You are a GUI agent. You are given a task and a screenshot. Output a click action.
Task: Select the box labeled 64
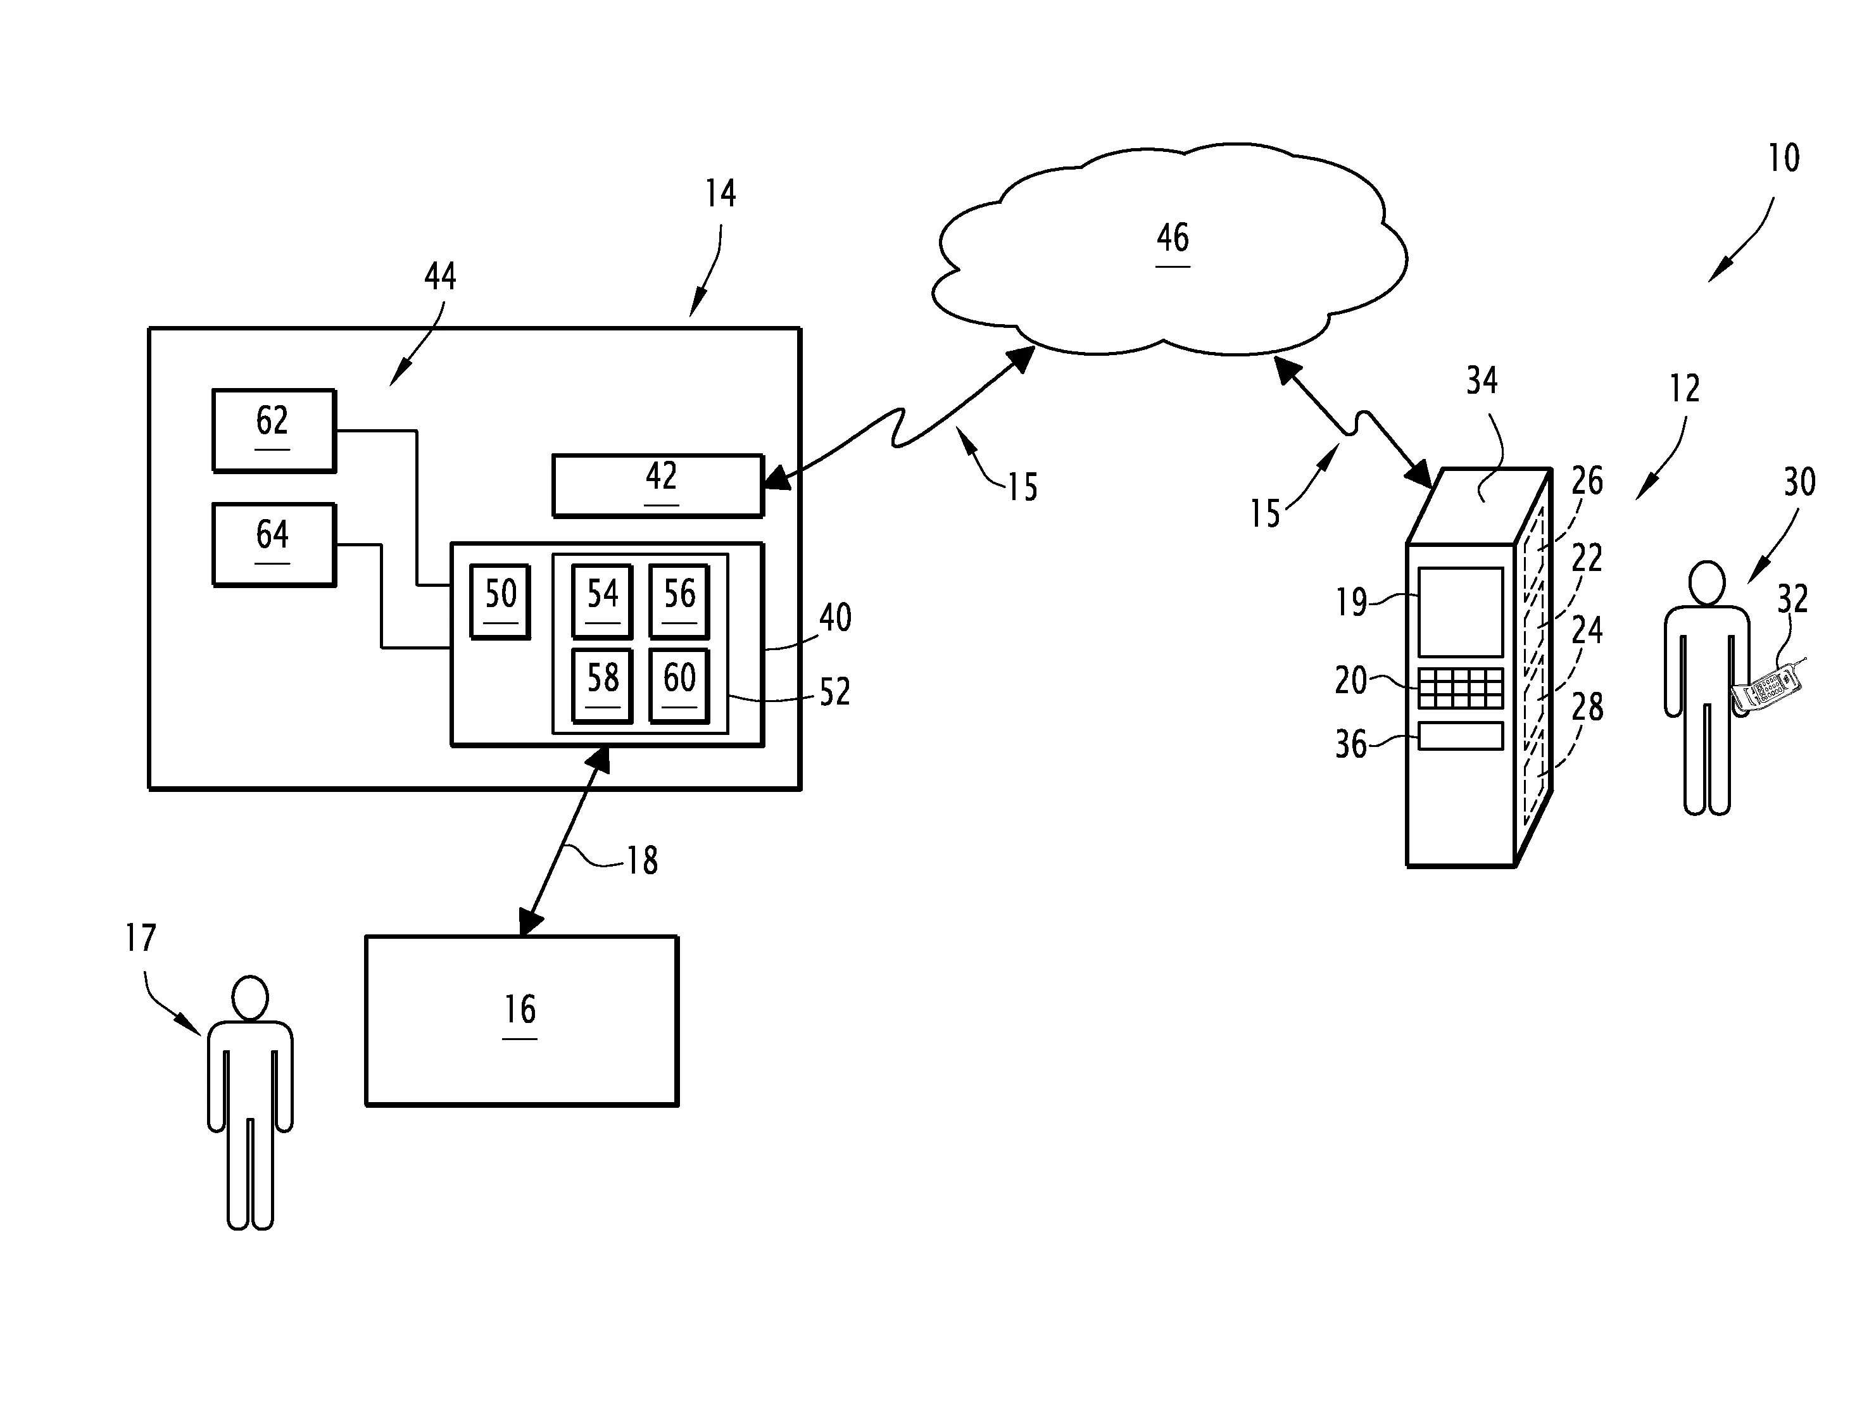pos(274,545)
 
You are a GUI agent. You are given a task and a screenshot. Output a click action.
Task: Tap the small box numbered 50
pos(500,601)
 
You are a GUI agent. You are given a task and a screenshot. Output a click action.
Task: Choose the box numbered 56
pos(679,601)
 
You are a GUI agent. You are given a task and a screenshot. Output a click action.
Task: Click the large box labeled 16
pos(521,1020)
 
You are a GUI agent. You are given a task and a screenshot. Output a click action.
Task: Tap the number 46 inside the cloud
pos(1173,238)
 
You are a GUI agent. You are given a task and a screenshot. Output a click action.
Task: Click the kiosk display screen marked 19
pos(1460,612)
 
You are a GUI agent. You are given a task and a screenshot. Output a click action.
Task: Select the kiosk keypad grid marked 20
pos(1460,689)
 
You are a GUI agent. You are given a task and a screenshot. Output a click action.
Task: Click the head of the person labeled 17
pos(250,999)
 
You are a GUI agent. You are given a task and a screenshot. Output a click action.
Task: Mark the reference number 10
pos(1784,158)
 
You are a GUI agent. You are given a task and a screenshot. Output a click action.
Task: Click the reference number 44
pos(440,277)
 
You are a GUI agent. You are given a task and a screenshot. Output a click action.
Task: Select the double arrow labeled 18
pos(564,841)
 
